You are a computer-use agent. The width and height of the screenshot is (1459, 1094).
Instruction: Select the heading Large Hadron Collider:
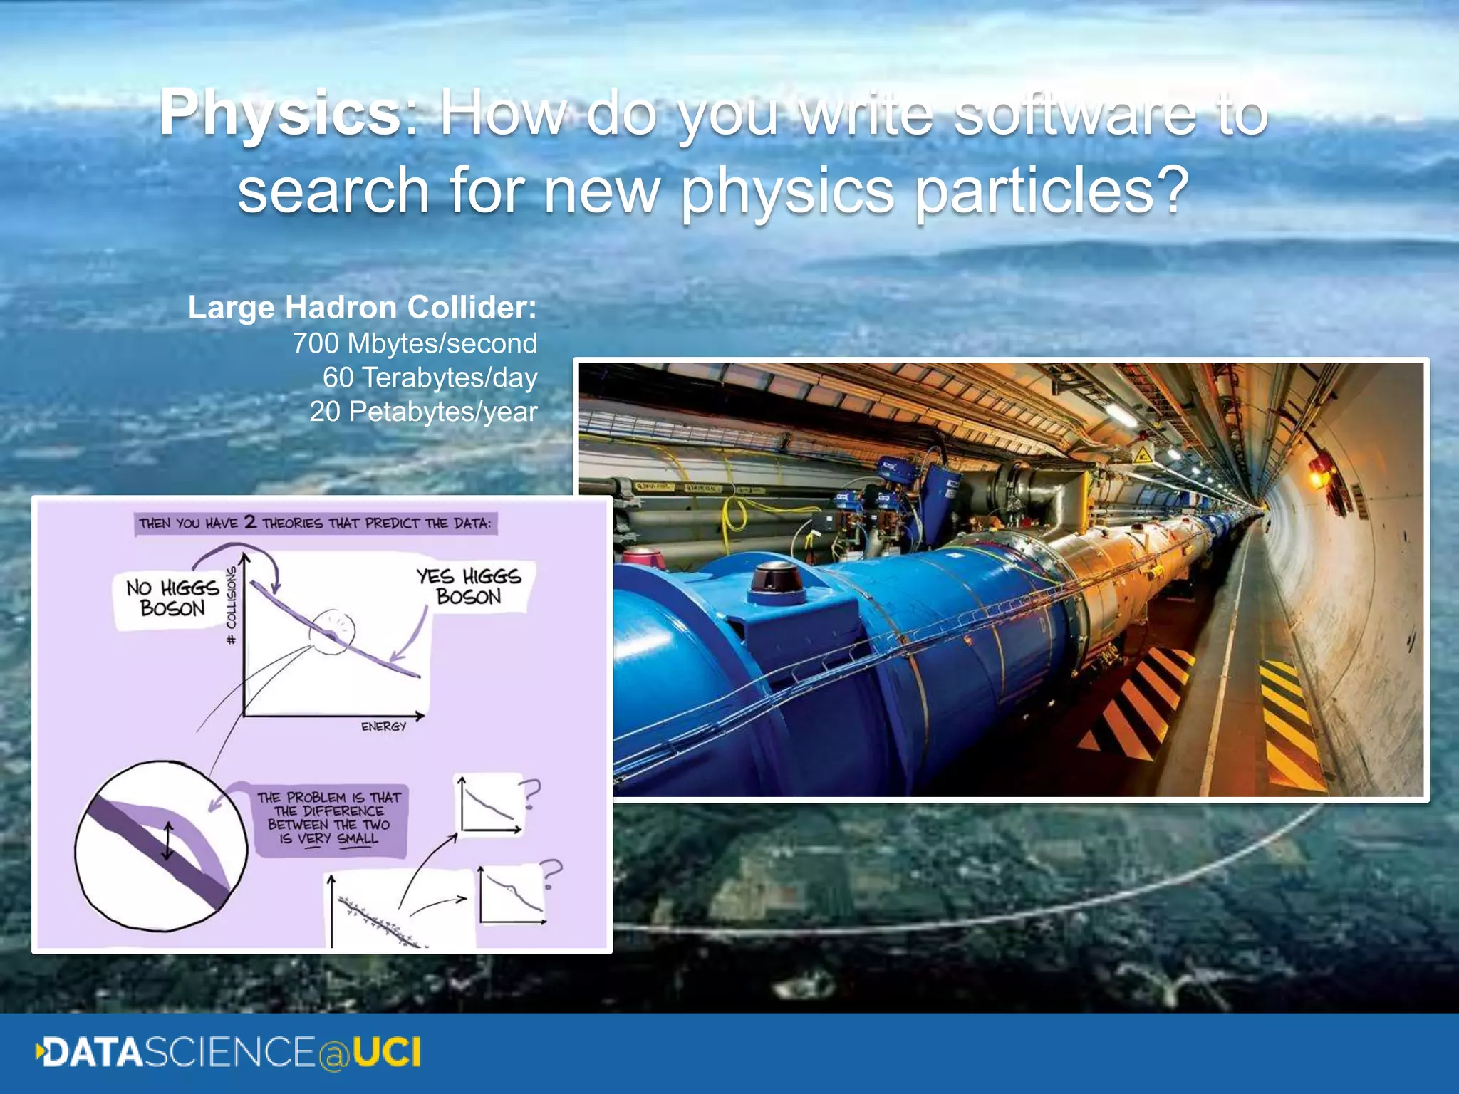(x=362, y=308)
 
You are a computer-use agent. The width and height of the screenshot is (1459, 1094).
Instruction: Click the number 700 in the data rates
(x=316, y=343)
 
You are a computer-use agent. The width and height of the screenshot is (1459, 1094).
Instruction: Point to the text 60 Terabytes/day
(x=430, y=377)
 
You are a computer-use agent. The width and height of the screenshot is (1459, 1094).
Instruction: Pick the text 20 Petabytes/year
(x=423, y=412)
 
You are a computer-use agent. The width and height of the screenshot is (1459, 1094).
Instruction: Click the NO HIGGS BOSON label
(x=172, y=598)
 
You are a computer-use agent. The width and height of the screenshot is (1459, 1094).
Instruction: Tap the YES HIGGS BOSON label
(x=469, y=586)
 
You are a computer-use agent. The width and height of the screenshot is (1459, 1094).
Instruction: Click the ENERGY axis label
(x=383, y=726)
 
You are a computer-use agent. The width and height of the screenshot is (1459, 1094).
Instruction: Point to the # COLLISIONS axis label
(x=231, y=606)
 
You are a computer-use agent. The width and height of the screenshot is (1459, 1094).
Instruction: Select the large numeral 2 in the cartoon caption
(x=250, y=522)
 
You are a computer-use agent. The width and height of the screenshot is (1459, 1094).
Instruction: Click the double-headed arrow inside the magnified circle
(x=167, y=841)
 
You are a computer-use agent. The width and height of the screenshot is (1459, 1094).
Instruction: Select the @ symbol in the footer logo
(x=333, y=1053)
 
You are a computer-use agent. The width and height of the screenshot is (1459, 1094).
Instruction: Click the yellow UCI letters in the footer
(x=387, y=1052)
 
